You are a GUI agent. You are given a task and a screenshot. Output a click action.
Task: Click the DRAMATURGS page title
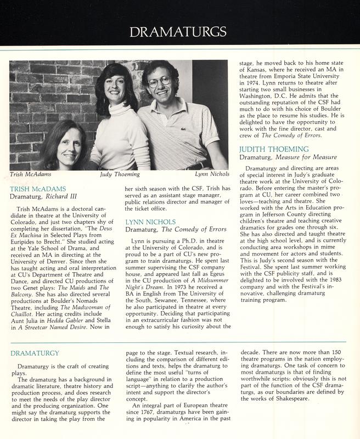click(x=181, y=31)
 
